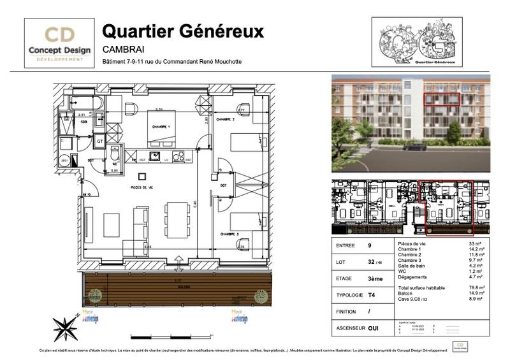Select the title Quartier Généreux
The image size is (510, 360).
click(183, 31)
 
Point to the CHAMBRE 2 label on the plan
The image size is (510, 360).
click(225, 119)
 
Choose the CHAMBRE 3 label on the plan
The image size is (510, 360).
click(228, 234)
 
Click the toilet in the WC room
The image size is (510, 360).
click(114, 155)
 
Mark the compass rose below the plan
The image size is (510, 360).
click(65, 329)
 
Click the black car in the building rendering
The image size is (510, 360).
click(415, 147)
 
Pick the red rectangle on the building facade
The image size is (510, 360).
click(442, 99)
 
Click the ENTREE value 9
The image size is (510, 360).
click(369, 245)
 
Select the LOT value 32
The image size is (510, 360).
click(371, 262)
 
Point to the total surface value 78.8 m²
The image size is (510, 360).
click(475, 288)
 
